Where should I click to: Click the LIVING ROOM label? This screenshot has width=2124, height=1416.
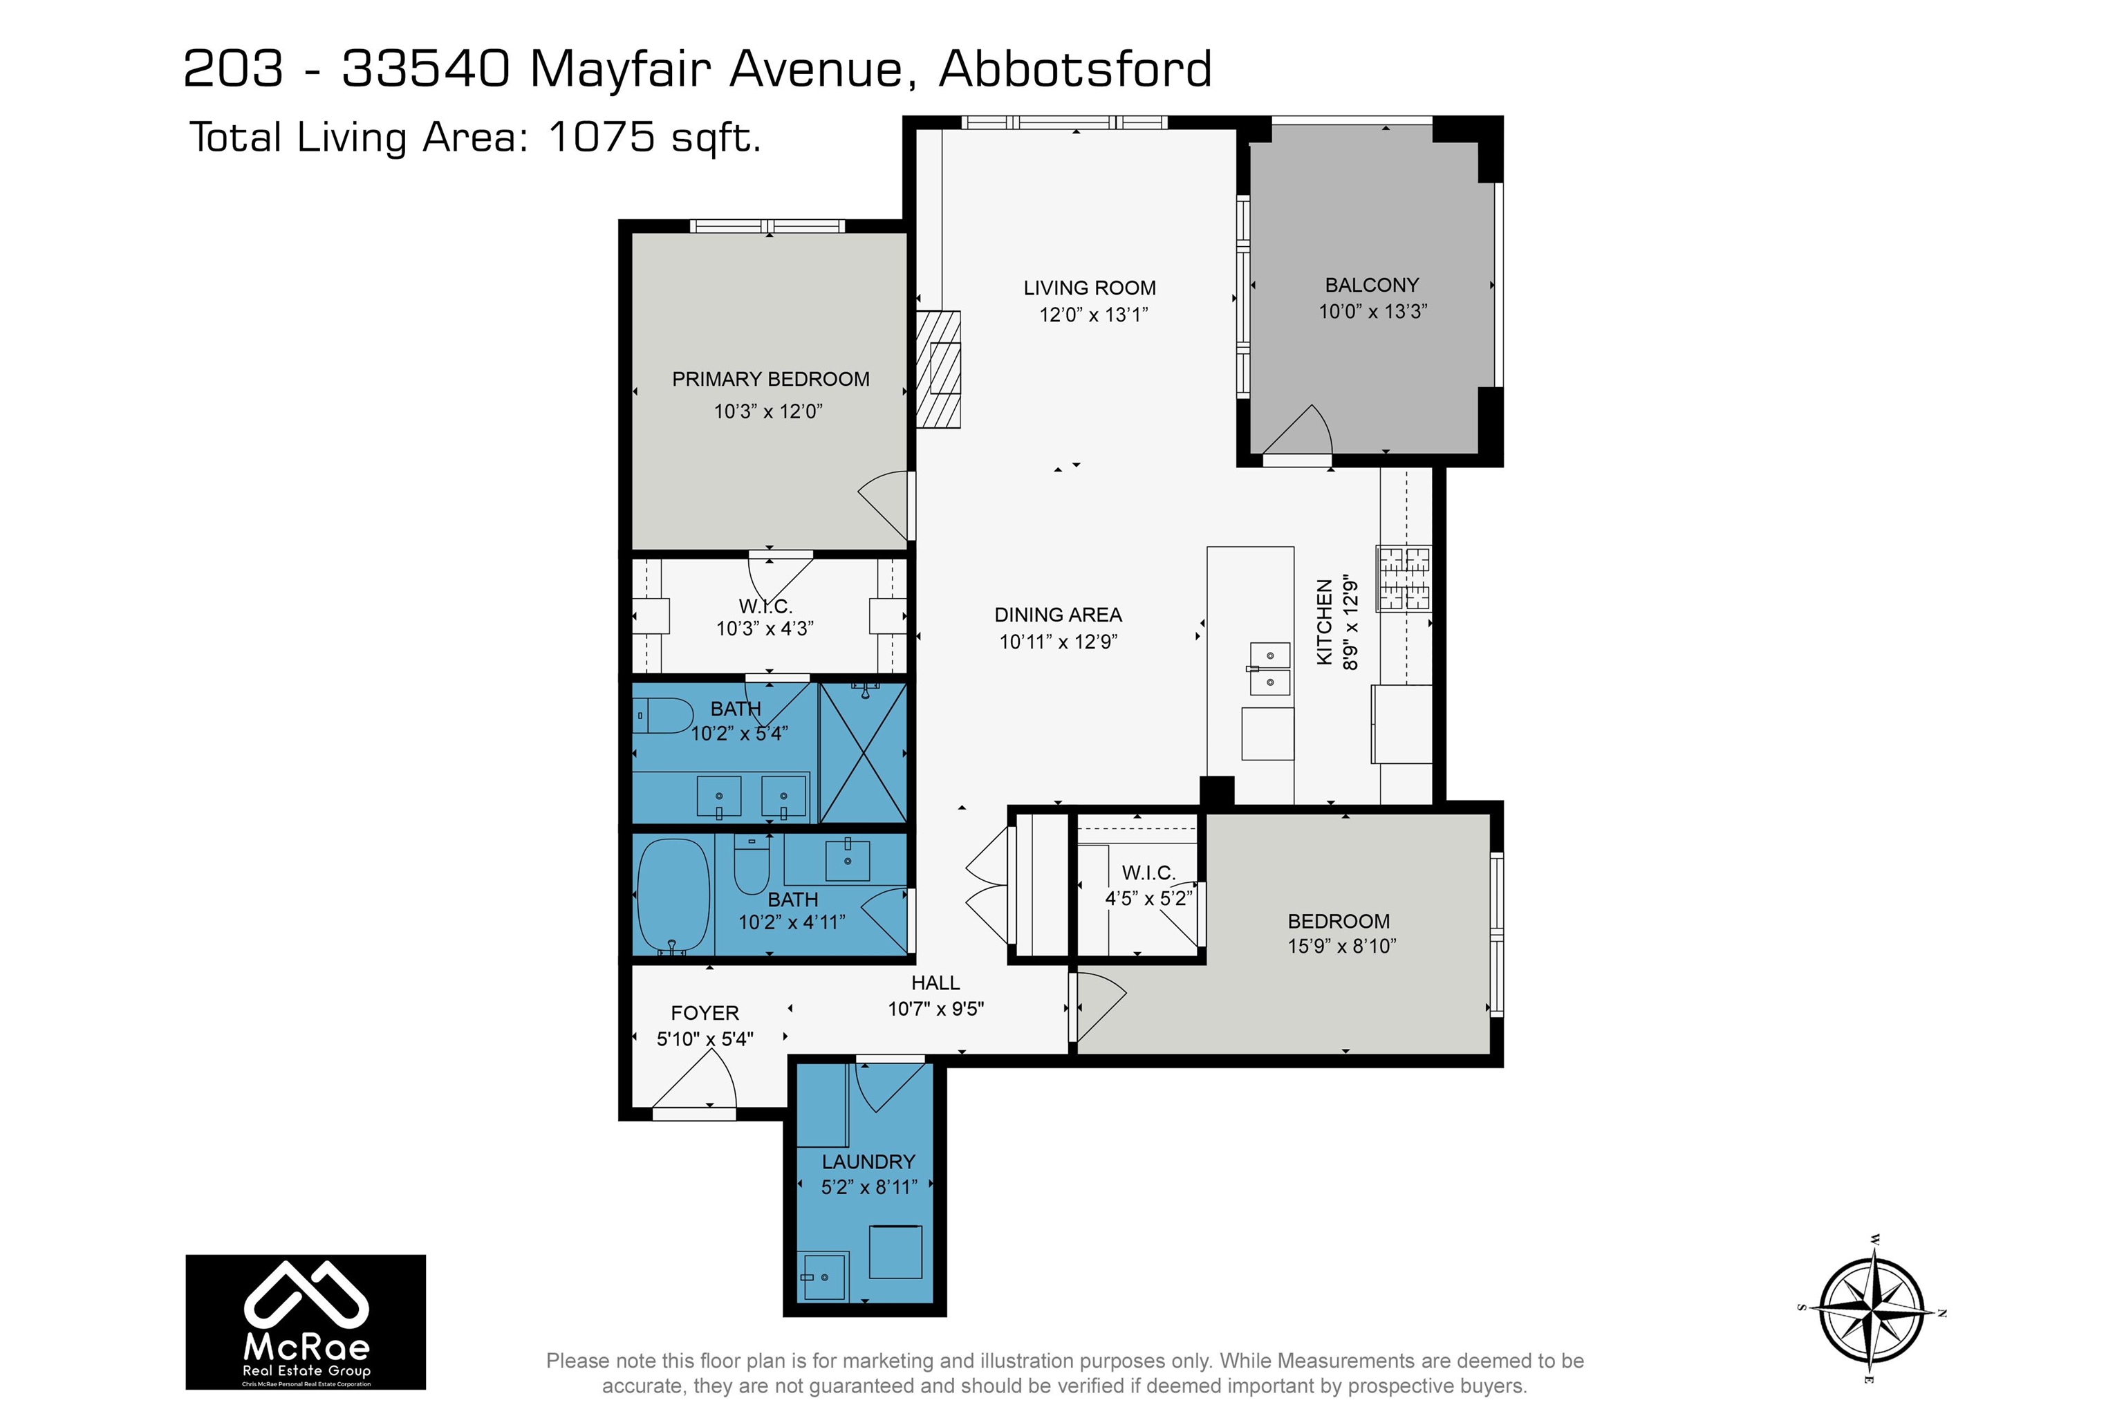coord(1089,288)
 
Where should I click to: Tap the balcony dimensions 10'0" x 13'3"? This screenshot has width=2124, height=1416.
coord(1372,312)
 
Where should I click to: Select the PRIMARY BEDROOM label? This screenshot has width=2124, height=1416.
coord(770,380)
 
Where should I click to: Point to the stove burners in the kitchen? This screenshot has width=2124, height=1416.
coord(1404,578)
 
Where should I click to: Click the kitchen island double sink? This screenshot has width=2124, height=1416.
coord(1269,669)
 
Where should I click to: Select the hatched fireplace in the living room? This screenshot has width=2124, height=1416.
coord(938,369)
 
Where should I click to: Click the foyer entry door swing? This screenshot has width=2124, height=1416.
coord(696,1077)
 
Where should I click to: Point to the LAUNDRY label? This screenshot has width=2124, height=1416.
coord(868,1162)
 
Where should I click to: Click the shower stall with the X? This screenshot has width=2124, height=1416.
coord(862,753)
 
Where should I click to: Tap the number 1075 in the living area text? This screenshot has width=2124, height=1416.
coord(602,138)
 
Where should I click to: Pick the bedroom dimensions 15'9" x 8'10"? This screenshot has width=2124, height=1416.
coord(1342,947)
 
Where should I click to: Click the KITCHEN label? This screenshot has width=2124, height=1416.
coord(1325,623)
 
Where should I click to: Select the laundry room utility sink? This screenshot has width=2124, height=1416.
coord(823,1278)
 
